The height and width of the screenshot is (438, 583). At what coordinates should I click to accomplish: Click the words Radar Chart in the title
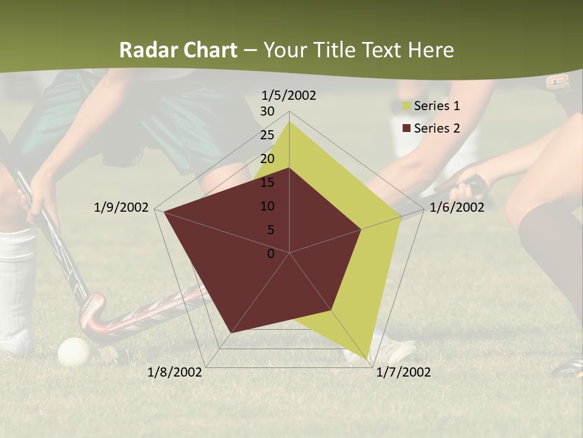[177, 50]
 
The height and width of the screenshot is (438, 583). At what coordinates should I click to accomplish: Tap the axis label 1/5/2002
[289, 96]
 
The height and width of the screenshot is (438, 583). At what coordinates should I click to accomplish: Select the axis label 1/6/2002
[457, 207]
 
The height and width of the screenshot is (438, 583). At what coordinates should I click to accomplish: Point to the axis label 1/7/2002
[403, 372]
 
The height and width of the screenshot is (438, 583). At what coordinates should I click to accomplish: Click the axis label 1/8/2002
[175, 372]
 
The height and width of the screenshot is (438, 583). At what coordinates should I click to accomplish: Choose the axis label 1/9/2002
[121, 207]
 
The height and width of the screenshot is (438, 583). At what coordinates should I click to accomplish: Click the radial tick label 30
[267, 111]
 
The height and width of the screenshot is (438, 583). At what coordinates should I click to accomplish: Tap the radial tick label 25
[267, 135]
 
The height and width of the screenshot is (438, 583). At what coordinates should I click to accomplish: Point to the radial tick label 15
[267, 182]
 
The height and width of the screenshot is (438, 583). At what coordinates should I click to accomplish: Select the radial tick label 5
[270, 230]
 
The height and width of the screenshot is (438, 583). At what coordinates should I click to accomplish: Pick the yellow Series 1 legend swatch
[406, 106]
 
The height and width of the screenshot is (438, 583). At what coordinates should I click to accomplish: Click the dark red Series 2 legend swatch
[406, 128]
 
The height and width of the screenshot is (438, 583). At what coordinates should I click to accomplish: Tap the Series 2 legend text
[437, 128]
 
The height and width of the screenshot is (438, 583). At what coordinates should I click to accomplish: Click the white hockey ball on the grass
[73, 351]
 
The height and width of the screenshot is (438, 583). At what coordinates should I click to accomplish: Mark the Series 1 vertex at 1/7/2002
[368, 360]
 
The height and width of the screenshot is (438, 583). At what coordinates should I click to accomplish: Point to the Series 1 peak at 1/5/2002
[289, 121]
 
